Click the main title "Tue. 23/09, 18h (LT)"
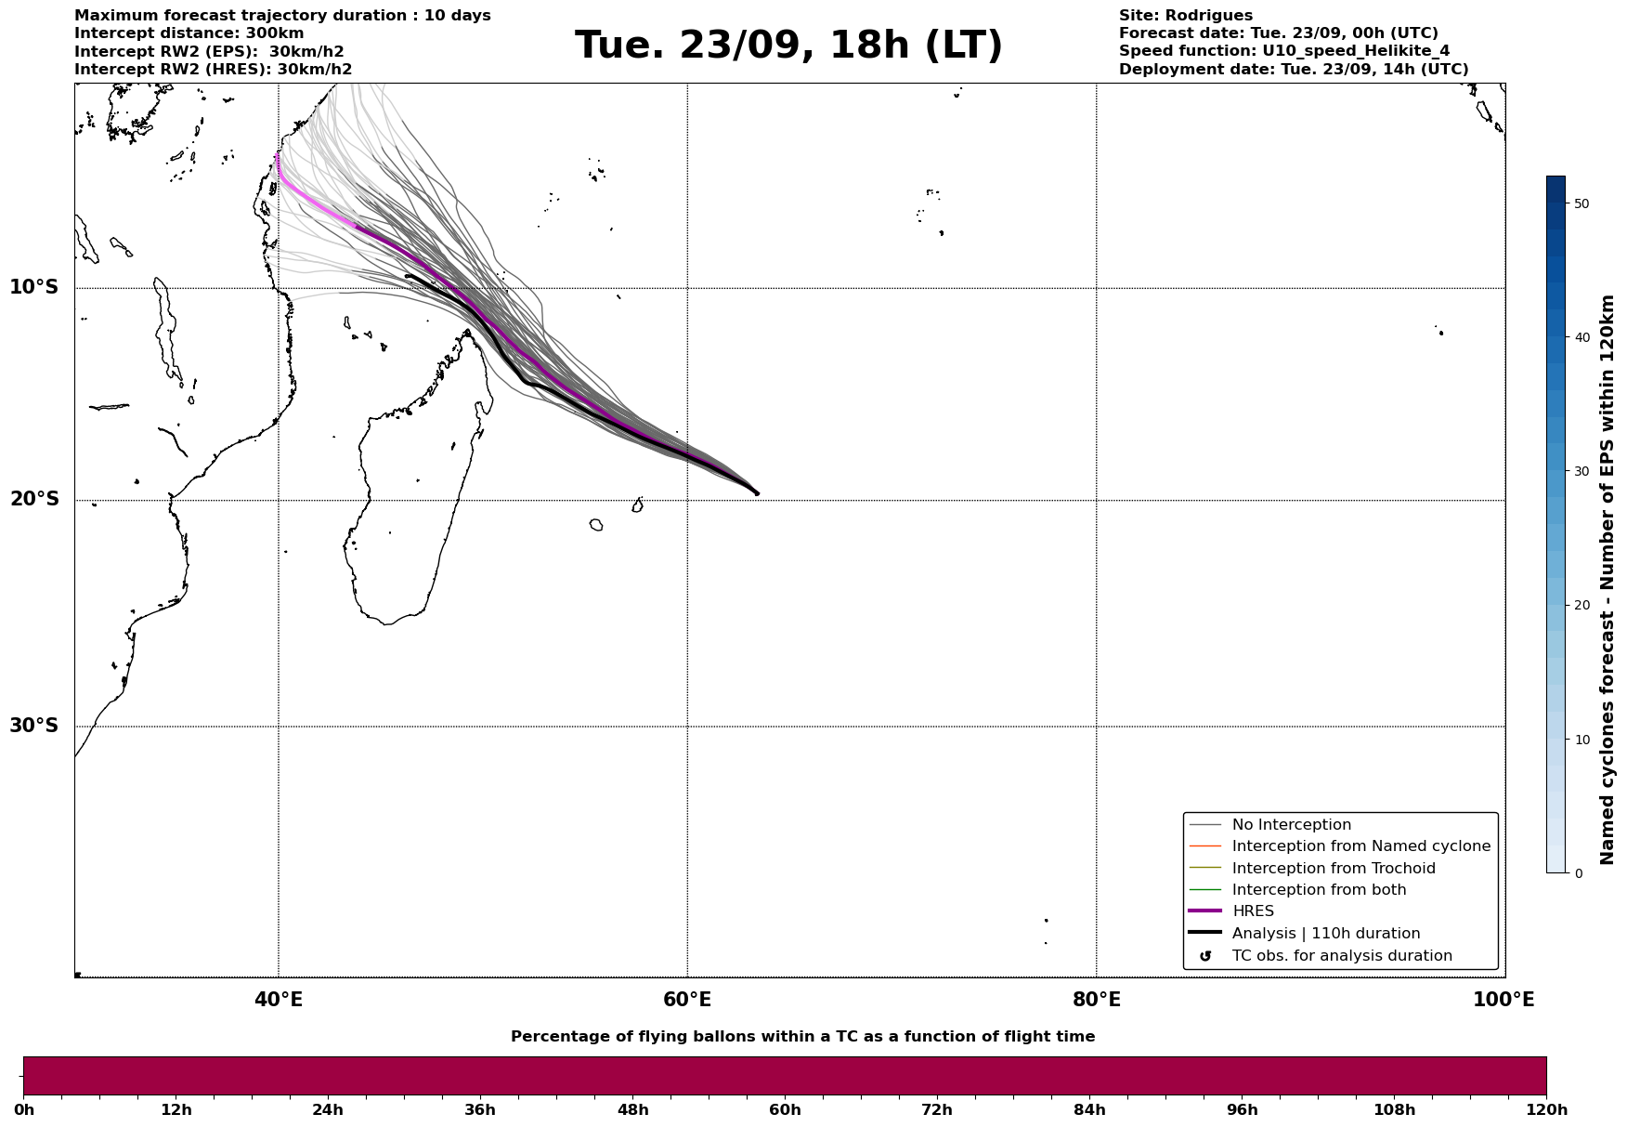click(788, 46)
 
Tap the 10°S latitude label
click(34, 287)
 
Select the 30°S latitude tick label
click(34, 726)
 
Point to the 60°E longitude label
click(687, 1000)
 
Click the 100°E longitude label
click(1503, 1000)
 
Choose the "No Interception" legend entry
click(1291, 825)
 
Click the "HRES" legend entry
click(1253, 911)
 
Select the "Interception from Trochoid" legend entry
click(1333, 869)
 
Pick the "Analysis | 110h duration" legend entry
click(1325, 934)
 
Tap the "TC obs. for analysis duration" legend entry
click(1341, 956)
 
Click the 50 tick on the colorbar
click(1581, 203)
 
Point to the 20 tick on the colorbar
click(1581, 606)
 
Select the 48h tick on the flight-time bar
click(632, 1110)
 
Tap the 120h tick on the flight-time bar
click(1546, 1110)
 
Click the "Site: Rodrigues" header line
click(1185, 16)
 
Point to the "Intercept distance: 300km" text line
click(189, 33)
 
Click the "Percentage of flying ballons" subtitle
click(802, 1037)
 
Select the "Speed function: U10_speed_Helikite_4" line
click(1283, 51)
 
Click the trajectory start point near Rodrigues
click(757, 493)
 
